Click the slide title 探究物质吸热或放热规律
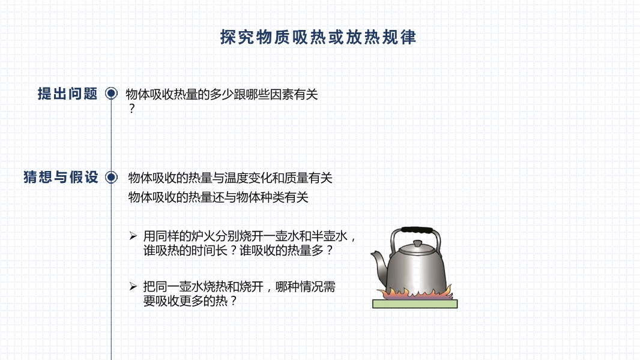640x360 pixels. (x=318, y=37)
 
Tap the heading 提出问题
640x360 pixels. (x=67, y=94)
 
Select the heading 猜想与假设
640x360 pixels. (x=61, y=178)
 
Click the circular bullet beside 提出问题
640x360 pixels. (x=111, y=94)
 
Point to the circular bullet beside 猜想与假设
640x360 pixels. (x=111, y=178)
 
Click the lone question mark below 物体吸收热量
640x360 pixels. (x=131, y=109)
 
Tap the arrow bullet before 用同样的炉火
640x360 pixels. (x=133, y=236)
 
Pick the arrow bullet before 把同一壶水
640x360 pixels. (x=133, y=286)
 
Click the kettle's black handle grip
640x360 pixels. (x=417, y=230)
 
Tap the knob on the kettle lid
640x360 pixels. (x=417, y=244)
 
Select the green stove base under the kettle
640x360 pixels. (x=415, y=304)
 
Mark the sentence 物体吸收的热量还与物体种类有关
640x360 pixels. (x=218, y=197)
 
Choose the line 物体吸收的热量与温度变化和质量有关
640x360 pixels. (x=230, y=178)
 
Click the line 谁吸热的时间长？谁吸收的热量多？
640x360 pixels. (x=238, y=250)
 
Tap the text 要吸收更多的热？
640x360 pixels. (x=190, y=301)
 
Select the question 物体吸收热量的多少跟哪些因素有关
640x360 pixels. (x=222, y=95)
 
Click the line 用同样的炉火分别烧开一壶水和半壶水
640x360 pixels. (x=246, y=236)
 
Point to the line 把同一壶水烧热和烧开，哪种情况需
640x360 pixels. (x=239, y=287)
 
